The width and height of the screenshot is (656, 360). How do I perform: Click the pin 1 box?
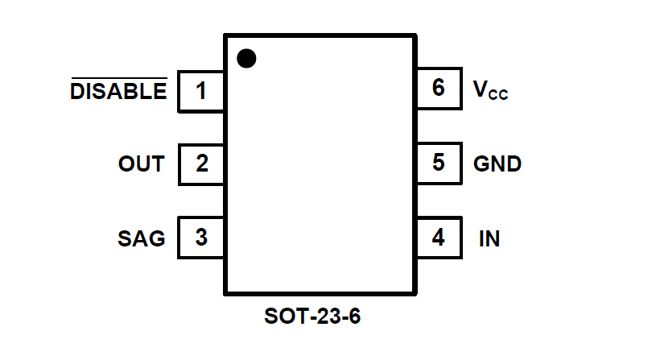[x=201, y=90]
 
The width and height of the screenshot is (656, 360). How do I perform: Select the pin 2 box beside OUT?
[x=201, y=163]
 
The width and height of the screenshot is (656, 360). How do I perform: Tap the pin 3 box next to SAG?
[x=201, y=238]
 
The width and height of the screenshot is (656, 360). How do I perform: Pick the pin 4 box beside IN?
[x=439, y=238]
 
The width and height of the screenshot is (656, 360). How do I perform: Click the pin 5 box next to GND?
[x=439, y=163]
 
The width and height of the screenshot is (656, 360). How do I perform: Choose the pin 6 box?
[x=439, y=88]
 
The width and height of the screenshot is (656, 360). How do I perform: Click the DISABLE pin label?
[x=119, y=92]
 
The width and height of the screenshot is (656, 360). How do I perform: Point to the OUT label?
[x=141, y=164]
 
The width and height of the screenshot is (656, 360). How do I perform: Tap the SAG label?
[x=141, y=238]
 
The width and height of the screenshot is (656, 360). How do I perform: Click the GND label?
[x=497, y=164]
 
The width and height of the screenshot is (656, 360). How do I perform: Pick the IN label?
[x=489, y=239]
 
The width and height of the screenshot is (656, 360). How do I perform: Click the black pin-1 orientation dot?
[x=246, y=58]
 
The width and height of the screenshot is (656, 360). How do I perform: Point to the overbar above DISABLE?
[x=119, y=79]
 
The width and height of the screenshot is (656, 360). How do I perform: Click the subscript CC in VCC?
[x=498, y=95]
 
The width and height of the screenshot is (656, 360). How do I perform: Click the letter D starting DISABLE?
[x=77, y=92]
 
